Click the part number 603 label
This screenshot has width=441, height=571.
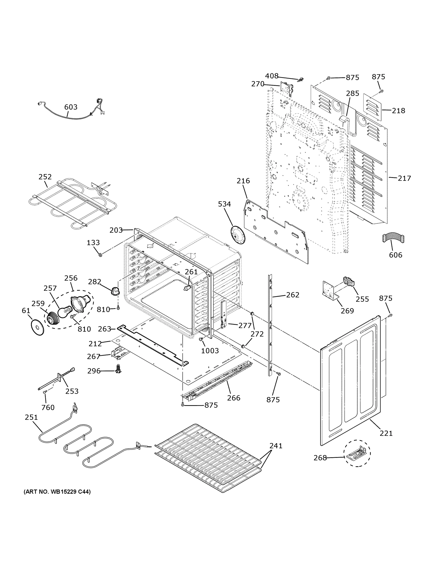[x=71, y=107]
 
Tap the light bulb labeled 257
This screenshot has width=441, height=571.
[x=63, y=312]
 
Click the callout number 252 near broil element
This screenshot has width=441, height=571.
[x=45, y=177]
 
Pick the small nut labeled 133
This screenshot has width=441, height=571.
[x=100, y=255]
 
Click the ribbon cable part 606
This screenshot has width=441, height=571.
[x=393, y=238]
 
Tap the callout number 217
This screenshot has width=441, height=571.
[x=404, y=178]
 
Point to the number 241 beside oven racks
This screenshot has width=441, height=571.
[x=276, y=446]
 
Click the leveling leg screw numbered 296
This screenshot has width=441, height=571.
[x=119, y=369]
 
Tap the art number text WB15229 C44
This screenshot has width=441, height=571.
[x=57, y=492]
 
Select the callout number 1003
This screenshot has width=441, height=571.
[x=210, y=351]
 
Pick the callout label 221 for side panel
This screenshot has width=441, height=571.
[x=386, y=433]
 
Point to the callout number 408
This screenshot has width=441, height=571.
[x=272, y=76]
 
